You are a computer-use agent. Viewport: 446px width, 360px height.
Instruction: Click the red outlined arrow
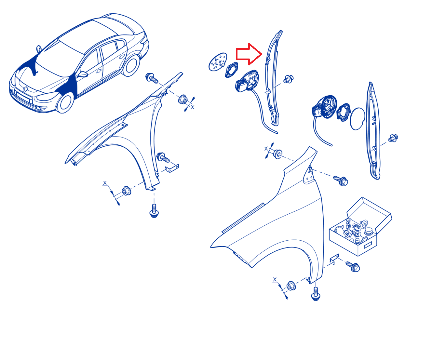(x=249, y=54)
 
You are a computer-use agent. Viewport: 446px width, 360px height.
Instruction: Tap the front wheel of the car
(x=65, y=103)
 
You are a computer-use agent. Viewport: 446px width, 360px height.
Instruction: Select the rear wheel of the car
(x=131, y=65)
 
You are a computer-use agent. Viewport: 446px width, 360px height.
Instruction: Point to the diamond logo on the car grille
(x=25, y=89)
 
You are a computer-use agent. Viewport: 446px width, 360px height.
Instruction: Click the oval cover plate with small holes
(x=218, y=62)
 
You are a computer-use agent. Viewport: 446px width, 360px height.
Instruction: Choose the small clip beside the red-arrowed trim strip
(x=288, y=79)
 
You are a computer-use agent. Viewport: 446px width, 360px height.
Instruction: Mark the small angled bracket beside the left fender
(x=172, y=168)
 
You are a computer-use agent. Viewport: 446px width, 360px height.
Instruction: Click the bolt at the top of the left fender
(x=152, y=78)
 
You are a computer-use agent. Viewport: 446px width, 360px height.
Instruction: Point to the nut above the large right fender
(x=277, y=154)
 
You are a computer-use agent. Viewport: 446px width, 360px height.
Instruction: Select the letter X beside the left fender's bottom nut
(x=105, y=183)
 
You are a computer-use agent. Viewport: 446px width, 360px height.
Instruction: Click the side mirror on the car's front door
(x=82, y=74)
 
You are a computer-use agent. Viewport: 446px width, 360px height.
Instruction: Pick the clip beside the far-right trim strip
(x=393, y=138)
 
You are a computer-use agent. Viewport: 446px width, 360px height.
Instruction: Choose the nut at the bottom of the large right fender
(x=291, y=286)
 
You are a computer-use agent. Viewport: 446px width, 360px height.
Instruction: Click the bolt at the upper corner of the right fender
(x=341, y=180)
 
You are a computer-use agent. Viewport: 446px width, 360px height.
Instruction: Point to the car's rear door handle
(x=122, y=57)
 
